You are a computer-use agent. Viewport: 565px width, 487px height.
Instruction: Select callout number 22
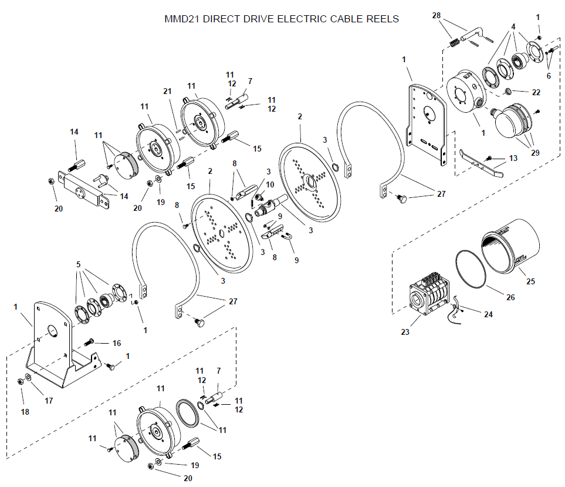click(x=537, y=92)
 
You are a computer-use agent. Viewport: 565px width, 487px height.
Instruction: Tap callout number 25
click(x=531, y=281)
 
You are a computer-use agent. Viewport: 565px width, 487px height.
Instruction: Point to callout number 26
click(x=510, y=298)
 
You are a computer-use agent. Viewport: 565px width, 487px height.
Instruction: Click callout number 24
click(x=488, y=315)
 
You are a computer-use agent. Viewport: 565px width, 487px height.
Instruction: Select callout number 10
click(x=270, y=184)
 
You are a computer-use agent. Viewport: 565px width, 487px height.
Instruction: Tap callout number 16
click(x=117, y=343)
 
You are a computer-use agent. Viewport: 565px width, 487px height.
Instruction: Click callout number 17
click(x=49, y=401)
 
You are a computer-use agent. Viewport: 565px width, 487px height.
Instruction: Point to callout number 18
click(x=25, y=412)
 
